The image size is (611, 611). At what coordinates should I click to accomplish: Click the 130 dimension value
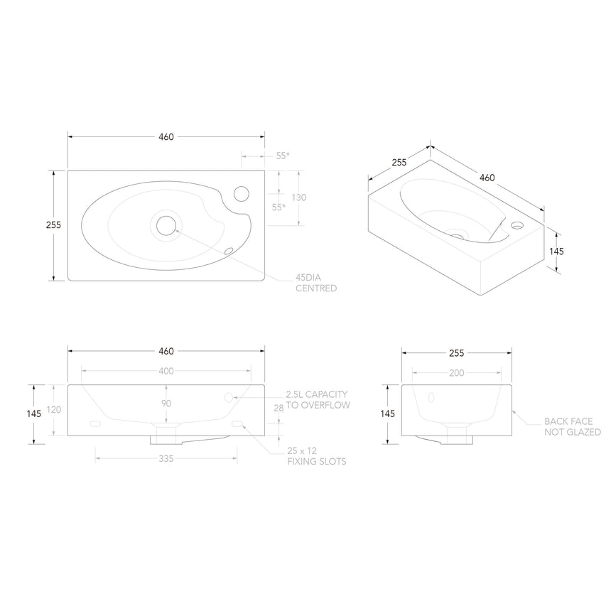pyautogui.click(x=298, y=198)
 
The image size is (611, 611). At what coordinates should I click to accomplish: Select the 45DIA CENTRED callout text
pyautogui.click(x=315, y=283)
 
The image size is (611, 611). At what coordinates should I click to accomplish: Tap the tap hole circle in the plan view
pyautogui.click(x=242, y=193)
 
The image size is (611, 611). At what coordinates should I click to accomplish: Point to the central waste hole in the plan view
pyautogui.click(x=166, y=225)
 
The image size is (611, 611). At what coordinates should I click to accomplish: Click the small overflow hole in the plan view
pyautogui.click(x=229, y=250)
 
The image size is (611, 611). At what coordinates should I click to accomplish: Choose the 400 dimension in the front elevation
pyautogui.click(x=166, y=371)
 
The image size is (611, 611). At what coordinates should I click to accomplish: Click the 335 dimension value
pyautogui.click(x=166, y=459)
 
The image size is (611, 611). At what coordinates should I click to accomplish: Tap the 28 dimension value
pyautogui.click(x=278, y=407)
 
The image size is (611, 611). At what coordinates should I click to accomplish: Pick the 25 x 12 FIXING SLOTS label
pyautogui.click(x=316, y=456)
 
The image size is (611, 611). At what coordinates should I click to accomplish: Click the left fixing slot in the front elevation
pyautogui.click(x=94, y=425)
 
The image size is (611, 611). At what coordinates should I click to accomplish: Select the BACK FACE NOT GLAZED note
pyautogui.click(x=572, y=426)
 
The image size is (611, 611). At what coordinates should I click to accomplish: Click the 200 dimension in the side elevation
pyautogui.click(x=456, y=372)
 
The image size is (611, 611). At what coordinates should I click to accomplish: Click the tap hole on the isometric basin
pyautogui.click(x=517, y=226)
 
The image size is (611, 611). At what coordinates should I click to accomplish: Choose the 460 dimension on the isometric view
pyautogui.click(x=486, y=177)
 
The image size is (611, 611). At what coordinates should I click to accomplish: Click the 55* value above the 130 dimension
pyautogui.click(x=282, y=156)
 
